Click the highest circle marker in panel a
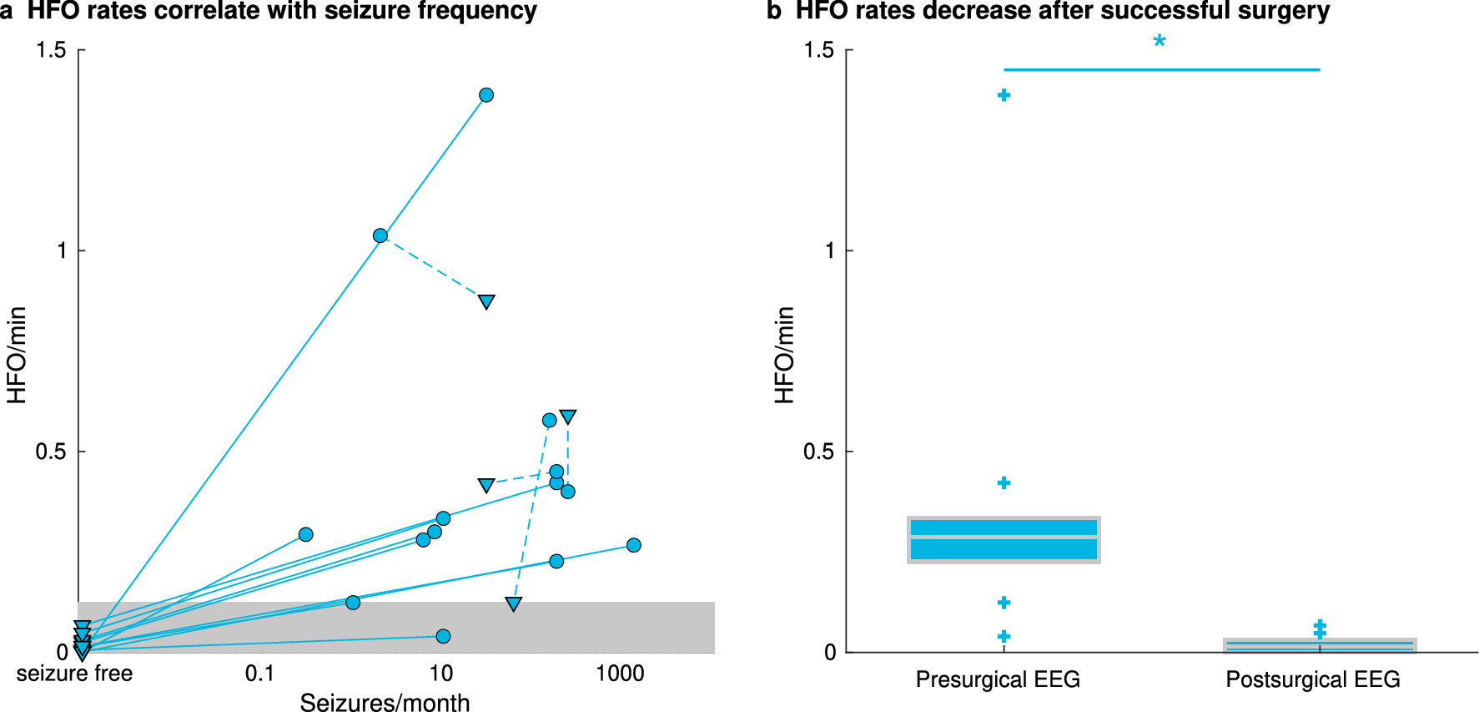click(x=486, y=95)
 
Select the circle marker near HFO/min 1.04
click(x=380, y=235)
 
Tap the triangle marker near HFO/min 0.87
click(x=486, y=301)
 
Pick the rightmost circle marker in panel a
click(x=634, y=545)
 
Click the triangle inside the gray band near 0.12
click(x=514, y=603)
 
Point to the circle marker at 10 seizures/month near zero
click(x=443, y=636)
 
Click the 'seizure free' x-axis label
click(x=74, y=674)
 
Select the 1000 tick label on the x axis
click(x=620, y=674)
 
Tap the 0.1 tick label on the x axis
click(x=259, y=674)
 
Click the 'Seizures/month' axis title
click(x=385, y=702)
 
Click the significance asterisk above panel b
click(x=1160, y=42)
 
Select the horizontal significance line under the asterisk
click(x=1161, y=69)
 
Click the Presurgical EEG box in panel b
click(x=1004, y=539)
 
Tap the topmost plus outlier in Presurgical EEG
click(x=1004, y=95)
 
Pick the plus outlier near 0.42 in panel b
click(x=1004, y=482)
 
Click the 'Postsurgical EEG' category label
click(x=1312, y=679)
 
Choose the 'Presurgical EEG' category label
click(x=998, y=679)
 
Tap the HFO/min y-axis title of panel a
click(x=17, y=355)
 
